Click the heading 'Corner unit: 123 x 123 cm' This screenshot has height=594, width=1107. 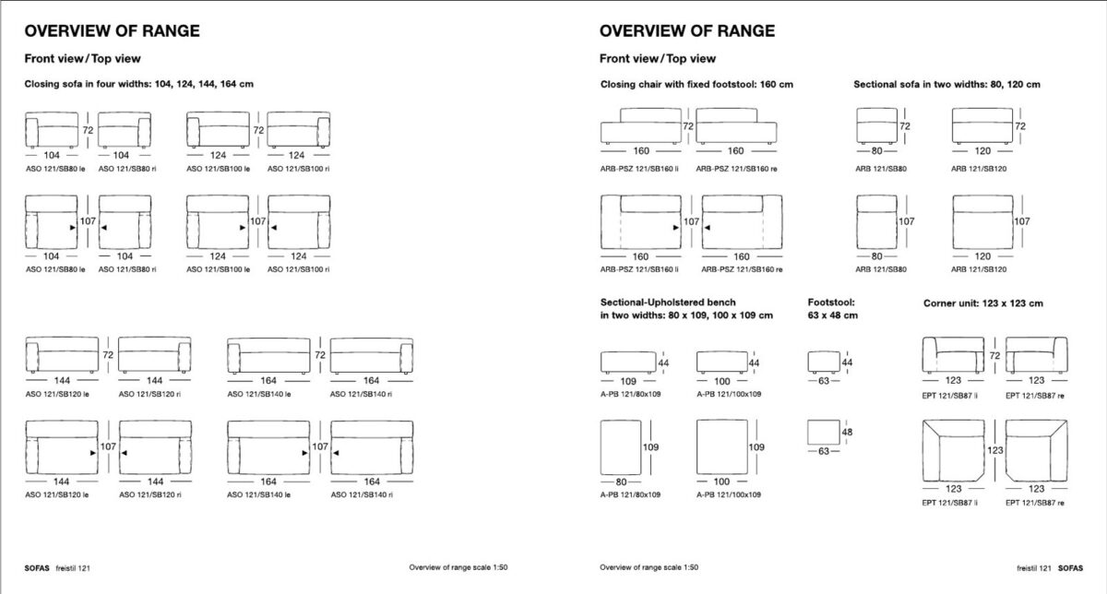coord(983,303)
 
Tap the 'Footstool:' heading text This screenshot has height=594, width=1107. coord(831,302)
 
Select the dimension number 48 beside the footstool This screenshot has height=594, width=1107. coord(847,432)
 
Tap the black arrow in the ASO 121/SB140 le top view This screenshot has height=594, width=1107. coord(304,453)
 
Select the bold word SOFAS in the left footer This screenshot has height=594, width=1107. coord(37,568)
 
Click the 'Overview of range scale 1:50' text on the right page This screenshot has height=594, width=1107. coord(649,567)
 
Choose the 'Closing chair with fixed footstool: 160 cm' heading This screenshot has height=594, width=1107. coord(696,85)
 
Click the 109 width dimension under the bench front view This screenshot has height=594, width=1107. coord(628,381)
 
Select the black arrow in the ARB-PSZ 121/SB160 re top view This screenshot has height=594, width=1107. coord(708,228)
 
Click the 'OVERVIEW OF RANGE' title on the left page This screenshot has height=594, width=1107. coord(113,31)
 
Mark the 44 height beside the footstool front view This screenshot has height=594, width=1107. coord(847,362)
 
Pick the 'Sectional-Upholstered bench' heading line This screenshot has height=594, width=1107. coord(668,302)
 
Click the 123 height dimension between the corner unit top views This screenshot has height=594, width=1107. coord(994,450)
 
